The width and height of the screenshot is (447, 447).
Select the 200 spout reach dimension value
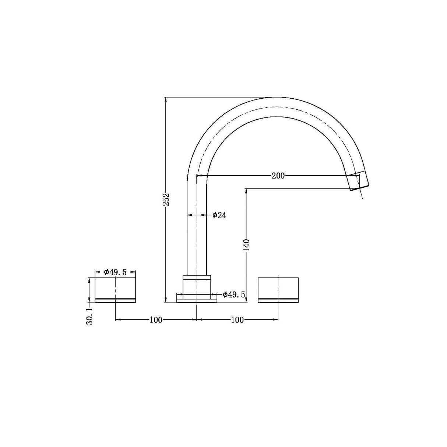pos(278,176)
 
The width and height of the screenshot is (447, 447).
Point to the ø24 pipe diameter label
pos(219,215)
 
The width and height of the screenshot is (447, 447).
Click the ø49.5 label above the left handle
pos(115,272)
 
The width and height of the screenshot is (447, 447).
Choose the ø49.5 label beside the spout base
pos(233,295)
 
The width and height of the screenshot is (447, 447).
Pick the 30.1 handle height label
pos(89,316)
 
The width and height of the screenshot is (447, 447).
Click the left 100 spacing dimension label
pos(156,320)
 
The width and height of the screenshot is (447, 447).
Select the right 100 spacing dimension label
pos(237,320)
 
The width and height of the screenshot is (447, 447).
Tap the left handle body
pos(115,290)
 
